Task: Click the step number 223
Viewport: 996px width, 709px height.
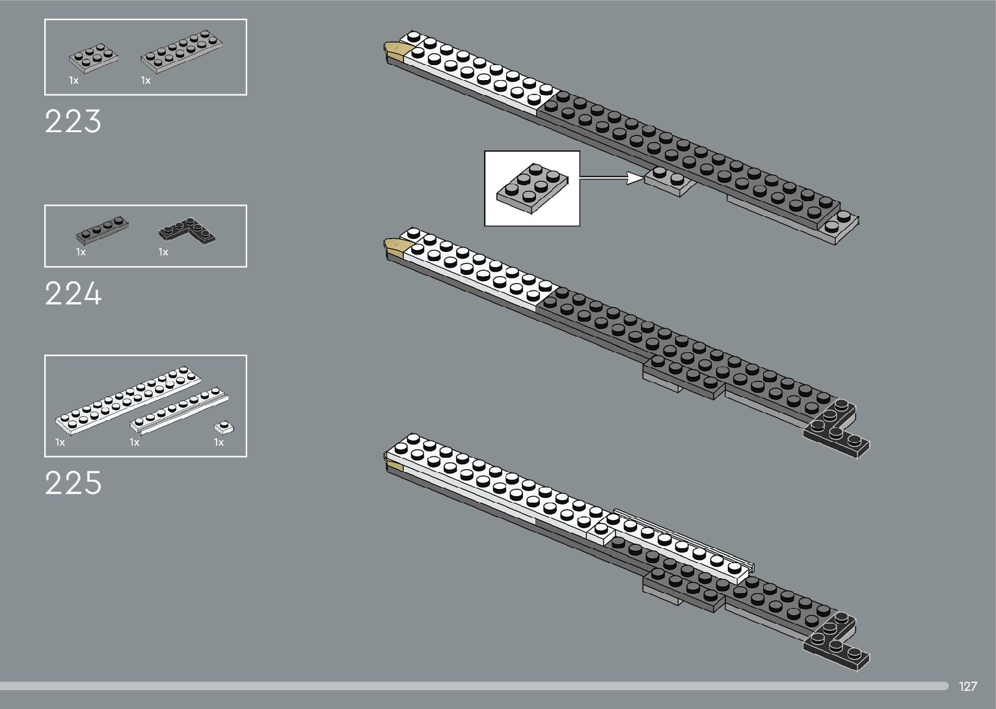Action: (73, 122)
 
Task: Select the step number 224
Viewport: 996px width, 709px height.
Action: (73, 294)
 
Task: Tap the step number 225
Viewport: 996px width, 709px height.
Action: (73, 483)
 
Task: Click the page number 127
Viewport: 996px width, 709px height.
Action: (967, 686)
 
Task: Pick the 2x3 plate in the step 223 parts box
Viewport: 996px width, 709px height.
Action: (94, 57)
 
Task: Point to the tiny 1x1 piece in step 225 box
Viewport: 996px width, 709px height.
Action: (224, 427)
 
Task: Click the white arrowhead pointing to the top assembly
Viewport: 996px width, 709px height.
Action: (634, 178)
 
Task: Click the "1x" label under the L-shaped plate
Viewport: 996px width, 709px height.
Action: (163, 252)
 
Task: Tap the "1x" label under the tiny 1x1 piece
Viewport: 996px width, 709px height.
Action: (219, 443)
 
